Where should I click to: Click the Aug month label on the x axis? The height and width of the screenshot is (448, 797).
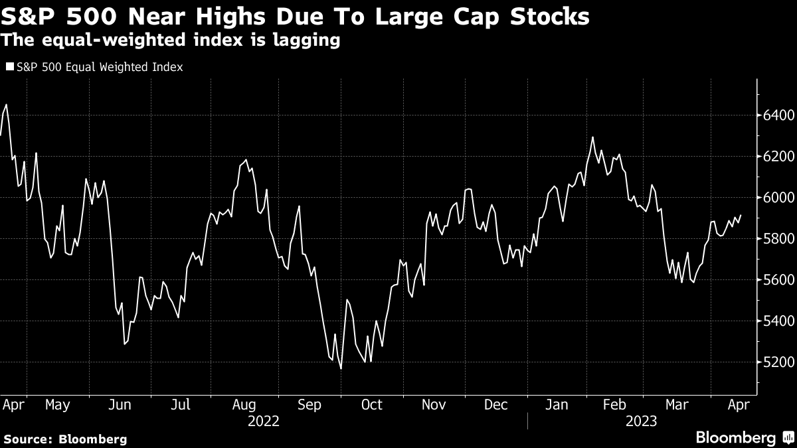click(x=244, y=404)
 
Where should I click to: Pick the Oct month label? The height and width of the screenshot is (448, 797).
click(x=371, y=404)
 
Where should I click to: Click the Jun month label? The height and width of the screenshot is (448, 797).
click(x=120, y=404)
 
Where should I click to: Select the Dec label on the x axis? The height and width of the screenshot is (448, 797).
click(x=496, y=404)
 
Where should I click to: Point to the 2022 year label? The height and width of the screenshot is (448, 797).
click(x=264, y=421)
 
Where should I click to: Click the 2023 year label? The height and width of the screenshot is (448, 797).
click(x=640, y=421)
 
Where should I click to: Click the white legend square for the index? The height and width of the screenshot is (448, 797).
click(x=9, y=67)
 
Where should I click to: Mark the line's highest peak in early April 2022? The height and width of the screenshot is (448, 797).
click(x=6, y=104)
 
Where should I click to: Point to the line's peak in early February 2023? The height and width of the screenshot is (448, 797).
click(x=592, y=137)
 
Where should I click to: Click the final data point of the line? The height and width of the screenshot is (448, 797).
click(x=740, y=215)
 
